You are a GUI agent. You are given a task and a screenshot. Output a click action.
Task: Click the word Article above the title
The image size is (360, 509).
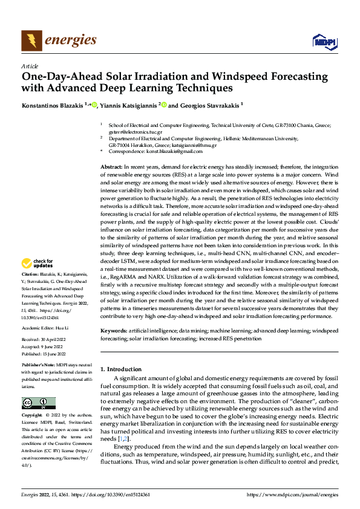[x=30, y=66]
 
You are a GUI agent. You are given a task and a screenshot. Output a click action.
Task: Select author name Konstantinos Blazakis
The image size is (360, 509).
[x=53, y=105]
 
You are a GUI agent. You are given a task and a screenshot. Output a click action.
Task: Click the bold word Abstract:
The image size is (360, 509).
[x=113, y=166]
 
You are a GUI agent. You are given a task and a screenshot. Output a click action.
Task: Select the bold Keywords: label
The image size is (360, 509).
[x=114, y=331]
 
